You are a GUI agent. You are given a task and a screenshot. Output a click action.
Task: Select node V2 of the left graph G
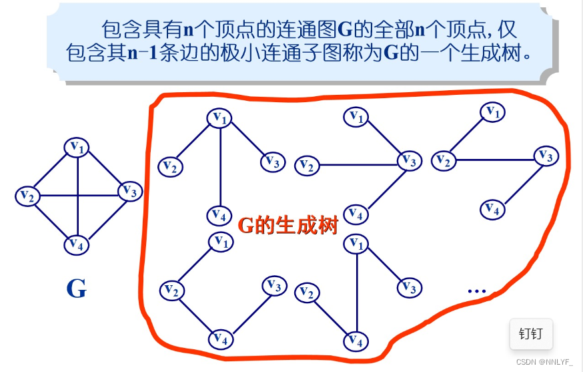pyautogui.click(x=27, y=196)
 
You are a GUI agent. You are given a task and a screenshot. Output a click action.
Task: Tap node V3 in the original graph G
pyautogui.click(x=130, y=192)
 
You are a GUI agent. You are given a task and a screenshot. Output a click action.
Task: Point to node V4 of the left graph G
pyautogui.click(x=77, y=245)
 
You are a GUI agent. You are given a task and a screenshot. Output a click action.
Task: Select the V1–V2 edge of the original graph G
pyautogui.click(x=52, y=172)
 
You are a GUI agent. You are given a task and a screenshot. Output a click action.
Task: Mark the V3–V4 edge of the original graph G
pyautogui.click(x=104, y=218)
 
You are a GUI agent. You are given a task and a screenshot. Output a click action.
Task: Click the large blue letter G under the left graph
pyautogui.click(x=76, y=289)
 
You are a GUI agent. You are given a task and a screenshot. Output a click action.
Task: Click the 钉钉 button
pyautogui.click(x=531, y=333)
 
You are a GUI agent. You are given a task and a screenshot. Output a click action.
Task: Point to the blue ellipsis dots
pyautogui.click(x=477, y=291)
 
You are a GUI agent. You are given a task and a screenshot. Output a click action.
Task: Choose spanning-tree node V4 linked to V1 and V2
pyautogui.click(x=356, y=341)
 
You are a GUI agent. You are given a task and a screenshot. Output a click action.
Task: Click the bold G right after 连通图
pyautogui.click(x=345, y=29)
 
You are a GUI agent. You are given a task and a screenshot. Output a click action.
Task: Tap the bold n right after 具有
pyautogui.click(x=189, y=29)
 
